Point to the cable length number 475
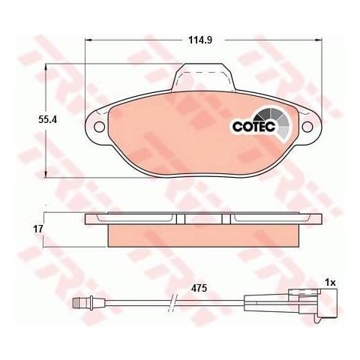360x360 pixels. point(199,287)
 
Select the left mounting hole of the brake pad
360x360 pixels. point(97,126)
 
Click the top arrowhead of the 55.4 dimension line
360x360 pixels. point(48,68)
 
